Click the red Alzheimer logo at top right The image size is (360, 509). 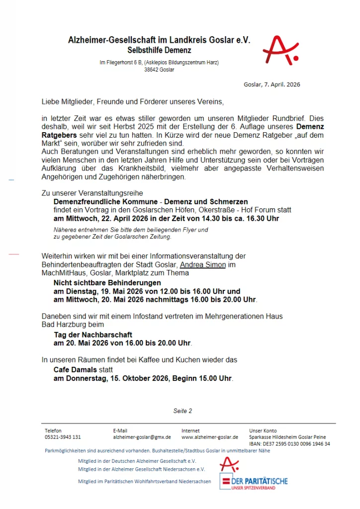click(280, 50)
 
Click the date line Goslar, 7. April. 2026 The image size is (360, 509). click(272, 85)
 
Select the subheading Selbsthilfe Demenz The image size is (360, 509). click(159, 50)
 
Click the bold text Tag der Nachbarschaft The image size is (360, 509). click(93, 335)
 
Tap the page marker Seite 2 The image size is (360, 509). click(182, 411)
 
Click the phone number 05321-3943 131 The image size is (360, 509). click(63, 437)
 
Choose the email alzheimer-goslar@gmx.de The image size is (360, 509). click(142, 437)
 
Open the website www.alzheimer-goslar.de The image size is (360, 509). click(210, 437)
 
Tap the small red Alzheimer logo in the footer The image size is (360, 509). click(229, 464)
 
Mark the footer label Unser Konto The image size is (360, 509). click(263, 430)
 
